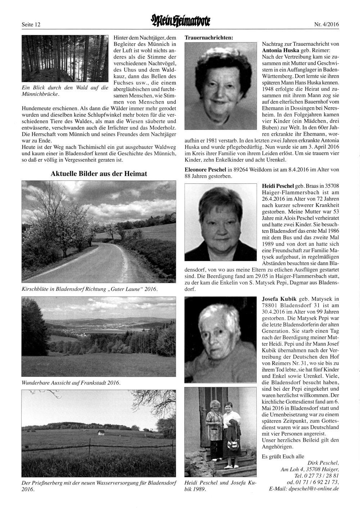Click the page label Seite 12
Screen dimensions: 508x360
coord(31,25)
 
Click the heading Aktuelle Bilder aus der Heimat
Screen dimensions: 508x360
coord(99,174)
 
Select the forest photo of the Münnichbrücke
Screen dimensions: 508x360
coord(65,59)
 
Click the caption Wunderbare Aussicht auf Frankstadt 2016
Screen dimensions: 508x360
coord(71,382)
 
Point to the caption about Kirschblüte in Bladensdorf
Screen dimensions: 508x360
coord(90,289)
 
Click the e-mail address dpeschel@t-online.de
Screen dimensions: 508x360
coord(304,489)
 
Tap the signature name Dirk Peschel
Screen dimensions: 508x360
coord(323,463)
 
